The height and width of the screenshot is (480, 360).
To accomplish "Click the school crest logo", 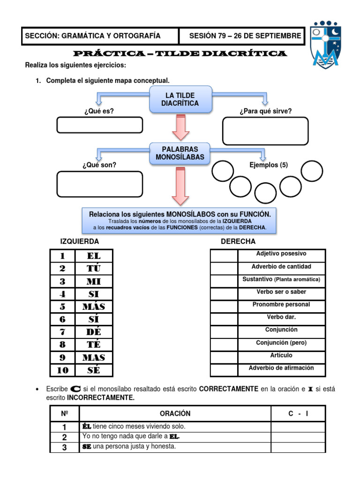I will pos(326,44).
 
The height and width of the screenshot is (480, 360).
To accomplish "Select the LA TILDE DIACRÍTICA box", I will pos(180,99).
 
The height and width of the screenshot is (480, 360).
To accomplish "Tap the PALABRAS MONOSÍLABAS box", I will pos(180,153).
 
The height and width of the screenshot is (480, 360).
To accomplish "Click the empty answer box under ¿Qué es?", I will pos(99,125).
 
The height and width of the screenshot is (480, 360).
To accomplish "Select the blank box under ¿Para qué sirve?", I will pos(265,131).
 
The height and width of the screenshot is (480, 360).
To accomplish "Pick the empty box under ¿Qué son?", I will pos(99,184).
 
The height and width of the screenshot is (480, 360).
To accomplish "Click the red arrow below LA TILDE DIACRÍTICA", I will pos(180,128).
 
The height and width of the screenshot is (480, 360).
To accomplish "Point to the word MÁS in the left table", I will pos(94,307).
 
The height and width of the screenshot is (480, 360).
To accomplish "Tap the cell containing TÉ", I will pos(94,345).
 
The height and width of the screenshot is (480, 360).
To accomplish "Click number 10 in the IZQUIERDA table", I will pos(62,370).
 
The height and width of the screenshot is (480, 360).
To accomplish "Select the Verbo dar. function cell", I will pos(281,317).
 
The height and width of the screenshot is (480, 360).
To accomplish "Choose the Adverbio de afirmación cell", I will pos(281,368).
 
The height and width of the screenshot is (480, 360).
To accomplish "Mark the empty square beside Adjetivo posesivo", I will pos(224,255).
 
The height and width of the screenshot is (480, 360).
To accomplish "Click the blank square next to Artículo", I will pos(224,357).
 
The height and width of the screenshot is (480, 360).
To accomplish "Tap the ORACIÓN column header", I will pos(175,413).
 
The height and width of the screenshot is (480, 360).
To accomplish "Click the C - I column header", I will pos(298,413).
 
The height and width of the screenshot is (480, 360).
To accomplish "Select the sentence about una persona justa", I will pos(129,446).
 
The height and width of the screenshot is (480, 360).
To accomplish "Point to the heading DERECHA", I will pos(238,241).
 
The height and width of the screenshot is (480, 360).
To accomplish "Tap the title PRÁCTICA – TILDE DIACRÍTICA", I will pos(180,53).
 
